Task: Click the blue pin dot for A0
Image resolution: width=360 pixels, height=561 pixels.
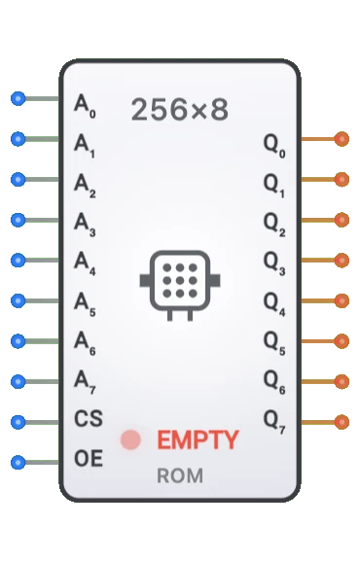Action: click(x=18, y=98)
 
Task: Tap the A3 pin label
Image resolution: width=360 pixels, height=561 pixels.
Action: click(x=86, y=222)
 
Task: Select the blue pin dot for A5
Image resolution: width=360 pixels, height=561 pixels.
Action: click(x=18, y=300)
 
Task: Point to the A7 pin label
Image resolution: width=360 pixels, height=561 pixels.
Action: click(x=86, y=382)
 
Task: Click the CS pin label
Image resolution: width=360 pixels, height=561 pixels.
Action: click(x=88, y=420)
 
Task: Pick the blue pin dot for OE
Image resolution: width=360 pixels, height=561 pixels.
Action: click(x=18, y=462)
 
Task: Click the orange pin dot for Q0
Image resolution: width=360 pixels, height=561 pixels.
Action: click(x=341, y=139)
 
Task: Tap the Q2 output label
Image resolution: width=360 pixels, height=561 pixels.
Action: click(x=276, y=222)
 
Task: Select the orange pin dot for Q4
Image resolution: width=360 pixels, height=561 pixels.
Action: click(x=341, y=300)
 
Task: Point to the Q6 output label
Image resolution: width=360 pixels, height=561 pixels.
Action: click(x=276, y=382)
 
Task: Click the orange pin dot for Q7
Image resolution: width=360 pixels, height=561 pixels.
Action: click(x=341, y=422)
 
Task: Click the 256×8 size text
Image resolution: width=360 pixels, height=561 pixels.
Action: click(x=180, y=110)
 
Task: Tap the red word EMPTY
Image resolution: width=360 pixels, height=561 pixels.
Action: click(x=198, y=439)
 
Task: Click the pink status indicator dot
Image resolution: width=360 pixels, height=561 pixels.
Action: click(x=130, y=439)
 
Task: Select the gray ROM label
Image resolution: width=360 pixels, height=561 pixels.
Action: click(x=180, y=476)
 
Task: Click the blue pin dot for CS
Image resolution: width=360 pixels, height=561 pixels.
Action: click(x=18, y=422)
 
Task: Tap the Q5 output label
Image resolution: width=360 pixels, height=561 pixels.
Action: click(x=276, y=342)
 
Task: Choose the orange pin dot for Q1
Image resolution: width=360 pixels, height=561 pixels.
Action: click(x=341, y=180)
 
